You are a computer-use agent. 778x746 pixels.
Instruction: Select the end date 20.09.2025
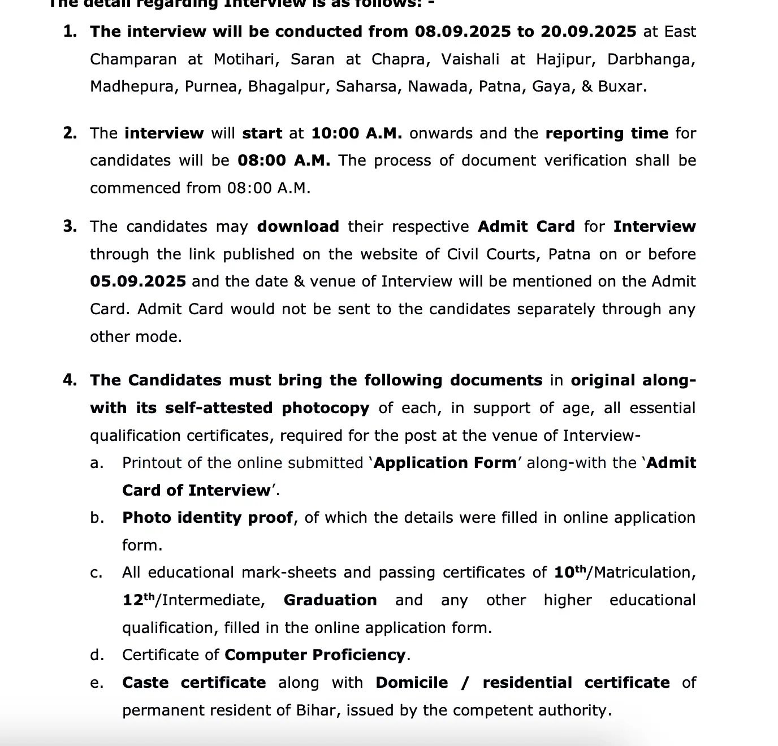pos(588,32)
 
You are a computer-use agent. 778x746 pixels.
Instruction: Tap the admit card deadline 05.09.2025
pos(137,281)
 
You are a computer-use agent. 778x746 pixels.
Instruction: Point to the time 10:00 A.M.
pos(357,133)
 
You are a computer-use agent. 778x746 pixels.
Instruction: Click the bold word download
pos(298,227)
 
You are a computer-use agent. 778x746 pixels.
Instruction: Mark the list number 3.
pos(70,227)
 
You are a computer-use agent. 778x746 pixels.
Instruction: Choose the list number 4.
pos(70,380)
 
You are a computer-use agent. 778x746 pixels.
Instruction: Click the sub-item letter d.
pos(97,655)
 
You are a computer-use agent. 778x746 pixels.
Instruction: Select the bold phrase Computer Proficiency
pos(315,655)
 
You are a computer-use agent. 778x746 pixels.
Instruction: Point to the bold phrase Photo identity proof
pos(208,518)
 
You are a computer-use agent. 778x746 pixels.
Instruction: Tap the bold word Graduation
pos(330,600)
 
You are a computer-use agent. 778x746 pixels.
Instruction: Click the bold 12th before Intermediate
pos(138,600)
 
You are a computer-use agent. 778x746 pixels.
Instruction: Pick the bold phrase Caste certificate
pos(194,683)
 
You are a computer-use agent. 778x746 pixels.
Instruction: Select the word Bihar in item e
pos(316,710)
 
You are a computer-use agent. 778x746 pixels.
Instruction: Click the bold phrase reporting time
pos(607,133)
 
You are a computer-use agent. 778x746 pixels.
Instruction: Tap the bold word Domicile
pos(412,683)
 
